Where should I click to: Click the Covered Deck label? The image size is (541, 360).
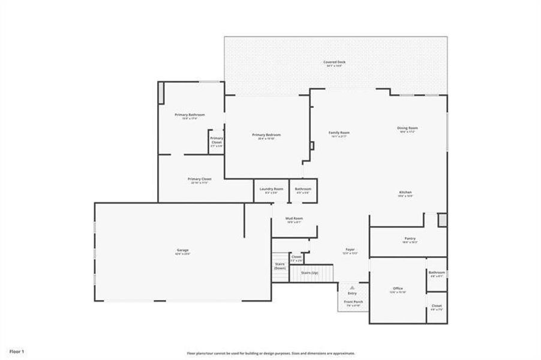click(335, 62)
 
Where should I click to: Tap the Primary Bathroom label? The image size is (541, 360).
click(190, 115)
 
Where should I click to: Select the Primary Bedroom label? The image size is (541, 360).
click(266, 135)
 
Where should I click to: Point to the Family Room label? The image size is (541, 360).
click(339, 133)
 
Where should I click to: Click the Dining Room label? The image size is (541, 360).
click(407, 128)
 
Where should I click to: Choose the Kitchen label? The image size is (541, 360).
click(405, 193)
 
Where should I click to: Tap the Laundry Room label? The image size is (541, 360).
click(271, 189)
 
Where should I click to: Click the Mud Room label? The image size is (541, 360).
click(294, 218)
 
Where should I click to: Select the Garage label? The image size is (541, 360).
click(182, 250)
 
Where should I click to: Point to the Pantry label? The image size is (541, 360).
click(410, 239)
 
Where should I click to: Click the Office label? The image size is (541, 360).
click(398, 289)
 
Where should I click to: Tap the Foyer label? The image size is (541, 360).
click(350, 250)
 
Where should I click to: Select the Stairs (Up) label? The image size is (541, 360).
click(309, 273)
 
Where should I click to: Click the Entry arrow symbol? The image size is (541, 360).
click(352, 288)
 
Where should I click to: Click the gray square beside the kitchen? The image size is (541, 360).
click(442, 220)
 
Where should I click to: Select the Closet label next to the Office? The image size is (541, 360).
click(437, 306)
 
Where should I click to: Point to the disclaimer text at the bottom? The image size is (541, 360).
click(270, 353)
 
